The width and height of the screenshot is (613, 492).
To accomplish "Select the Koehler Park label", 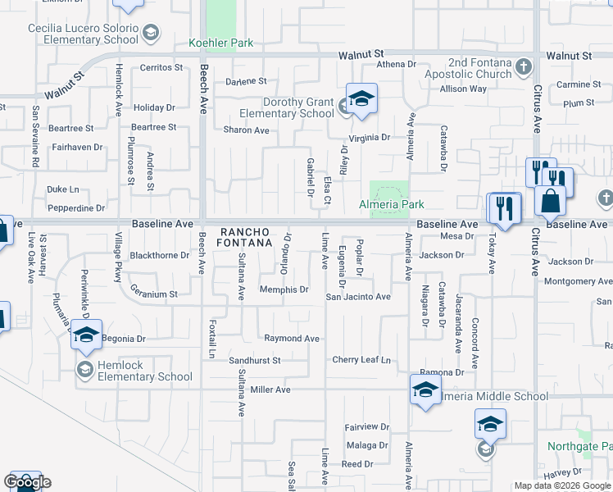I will pos(221,43).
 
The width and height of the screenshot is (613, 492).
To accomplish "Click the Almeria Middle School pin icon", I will pos(425,389).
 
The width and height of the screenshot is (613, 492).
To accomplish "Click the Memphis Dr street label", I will pos(284,289).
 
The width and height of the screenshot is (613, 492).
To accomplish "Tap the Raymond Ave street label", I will pos(291,338).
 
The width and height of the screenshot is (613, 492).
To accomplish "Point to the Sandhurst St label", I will pos(254,360).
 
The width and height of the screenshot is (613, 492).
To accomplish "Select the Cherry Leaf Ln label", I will pos(361,360).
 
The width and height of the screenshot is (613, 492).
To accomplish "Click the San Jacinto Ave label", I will pos(358,296).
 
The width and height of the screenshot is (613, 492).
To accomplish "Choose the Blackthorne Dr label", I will pos(160,255).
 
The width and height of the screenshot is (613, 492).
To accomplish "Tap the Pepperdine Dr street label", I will pos(75,209).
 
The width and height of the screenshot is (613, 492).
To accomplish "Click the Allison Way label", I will pos(463,89).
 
